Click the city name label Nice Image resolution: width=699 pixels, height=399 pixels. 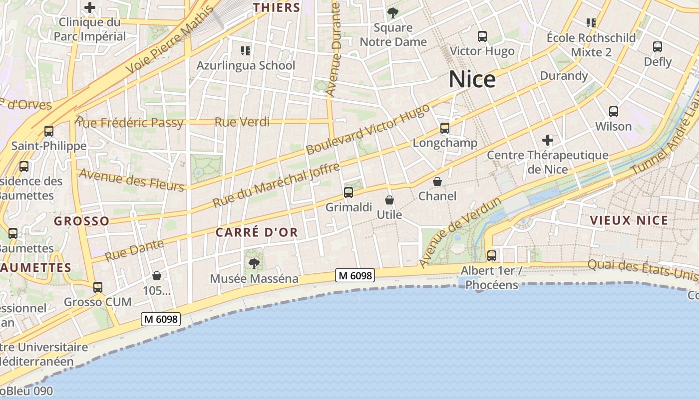(472, 79)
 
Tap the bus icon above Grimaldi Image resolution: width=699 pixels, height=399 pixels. (349, 192)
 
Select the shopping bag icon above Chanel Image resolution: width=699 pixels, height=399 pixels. (437, 182)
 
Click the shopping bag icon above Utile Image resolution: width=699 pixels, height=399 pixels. (389, 200)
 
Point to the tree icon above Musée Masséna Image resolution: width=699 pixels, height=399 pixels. (254, 263)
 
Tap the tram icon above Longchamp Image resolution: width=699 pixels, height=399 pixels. (445, 128)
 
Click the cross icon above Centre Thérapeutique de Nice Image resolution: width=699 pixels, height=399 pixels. (548, 140)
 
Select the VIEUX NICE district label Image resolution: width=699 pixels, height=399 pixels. (629, 220)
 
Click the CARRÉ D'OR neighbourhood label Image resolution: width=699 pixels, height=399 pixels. (257, 232)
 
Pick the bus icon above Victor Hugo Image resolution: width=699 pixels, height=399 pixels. (482, 36)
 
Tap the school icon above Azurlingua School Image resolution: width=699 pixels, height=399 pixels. (245, 50)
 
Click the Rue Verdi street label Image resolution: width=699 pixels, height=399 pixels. (242, 122)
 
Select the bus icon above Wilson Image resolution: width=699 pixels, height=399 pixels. (614, 112)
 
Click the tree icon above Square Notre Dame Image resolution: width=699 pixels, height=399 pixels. (393, 13)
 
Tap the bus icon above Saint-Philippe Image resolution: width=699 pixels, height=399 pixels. (49, 131)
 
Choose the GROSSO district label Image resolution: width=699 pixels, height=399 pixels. (81, 221)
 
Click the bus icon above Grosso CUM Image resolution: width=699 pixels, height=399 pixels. (98, 287)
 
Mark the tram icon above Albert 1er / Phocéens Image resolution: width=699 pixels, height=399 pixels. (492, 256)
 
